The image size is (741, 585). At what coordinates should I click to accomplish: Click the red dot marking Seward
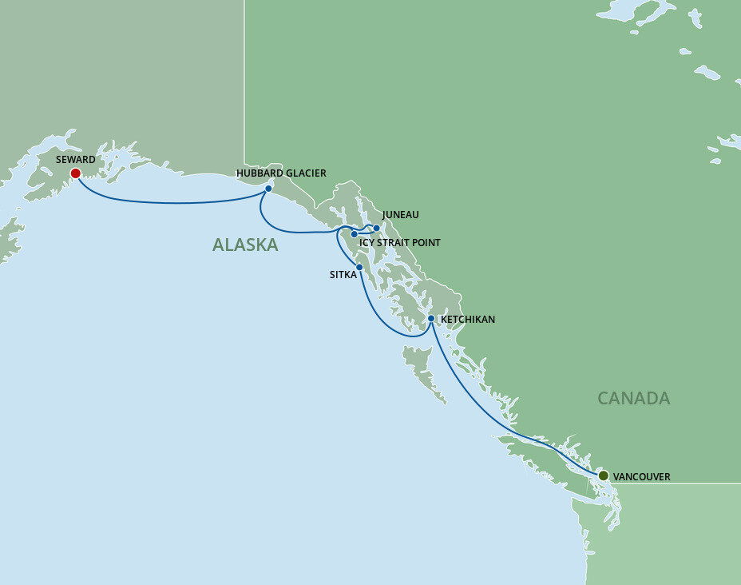point(75,173)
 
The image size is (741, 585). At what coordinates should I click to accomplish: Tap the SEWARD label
point(76,160)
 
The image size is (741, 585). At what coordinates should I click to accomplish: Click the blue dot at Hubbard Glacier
point(268,189)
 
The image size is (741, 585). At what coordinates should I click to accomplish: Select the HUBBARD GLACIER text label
point(281,173)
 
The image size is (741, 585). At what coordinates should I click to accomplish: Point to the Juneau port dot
point(377,228)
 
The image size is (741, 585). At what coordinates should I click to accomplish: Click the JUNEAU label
point(400,215)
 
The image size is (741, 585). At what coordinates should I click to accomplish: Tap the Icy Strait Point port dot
point(354,234)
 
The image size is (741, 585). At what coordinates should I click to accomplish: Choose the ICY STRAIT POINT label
point(399,243)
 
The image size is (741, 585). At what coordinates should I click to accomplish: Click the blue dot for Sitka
point(359,267)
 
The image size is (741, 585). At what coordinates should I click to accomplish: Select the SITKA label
point(342,274)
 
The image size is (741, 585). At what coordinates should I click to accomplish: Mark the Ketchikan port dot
point(431,318)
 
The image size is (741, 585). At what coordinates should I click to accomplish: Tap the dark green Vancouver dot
point(604,476)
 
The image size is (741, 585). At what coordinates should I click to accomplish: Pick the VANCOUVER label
point(642,477)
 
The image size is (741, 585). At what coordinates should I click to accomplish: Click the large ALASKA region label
point(245,245)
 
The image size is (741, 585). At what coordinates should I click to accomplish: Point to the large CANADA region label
point(633,398)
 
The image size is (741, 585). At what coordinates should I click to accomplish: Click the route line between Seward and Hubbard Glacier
point(176,202)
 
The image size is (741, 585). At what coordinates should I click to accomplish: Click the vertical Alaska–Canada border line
point(245,80)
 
